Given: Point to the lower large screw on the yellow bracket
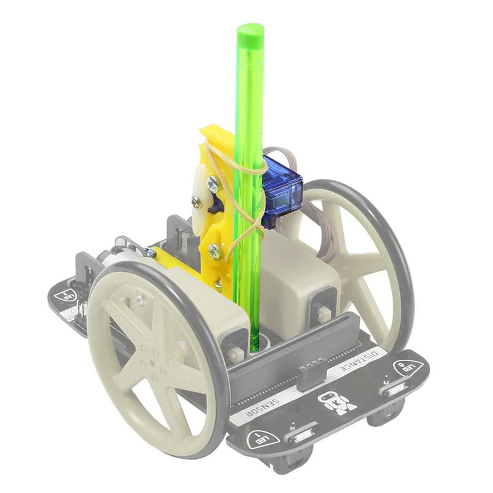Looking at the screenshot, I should coord(214,251).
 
